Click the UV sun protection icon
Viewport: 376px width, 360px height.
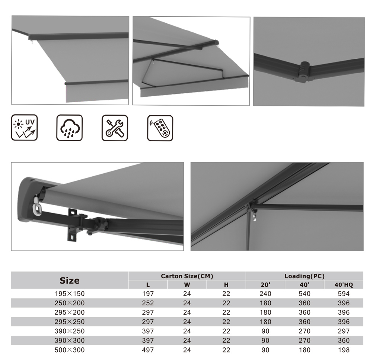25,128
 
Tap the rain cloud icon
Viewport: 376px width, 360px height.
70,128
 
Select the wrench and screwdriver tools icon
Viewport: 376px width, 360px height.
115,128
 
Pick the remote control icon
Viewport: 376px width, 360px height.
160,128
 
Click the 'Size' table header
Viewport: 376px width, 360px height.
70,280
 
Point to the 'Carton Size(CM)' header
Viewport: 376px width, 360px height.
187,276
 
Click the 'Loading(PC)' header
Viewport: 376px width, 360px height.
305,276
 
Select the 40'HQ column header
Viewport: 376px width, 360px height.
344,285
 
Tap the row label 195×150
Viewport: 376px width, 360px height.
70,294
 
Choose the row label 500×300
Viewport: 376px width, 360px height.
70,350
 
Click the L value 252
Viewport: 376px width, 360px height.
148,303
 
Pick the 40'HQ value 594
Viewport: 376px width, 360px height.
344,294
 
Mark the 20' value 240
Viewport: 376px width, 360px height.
265,294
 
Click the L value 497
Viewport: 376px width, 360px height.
148,350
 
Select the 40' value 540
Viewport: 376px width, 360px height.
305,294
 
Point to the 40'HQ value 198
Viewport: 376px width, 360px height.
344,350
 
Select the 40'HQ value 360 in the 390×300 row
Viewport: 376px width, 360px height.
344,340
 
